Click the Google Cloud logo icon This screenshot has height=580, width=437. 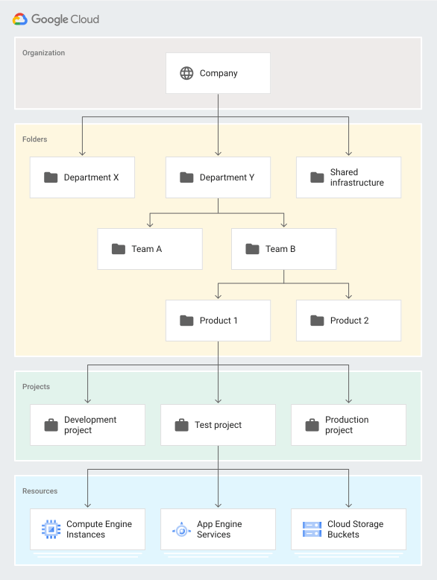(x=20, y=19)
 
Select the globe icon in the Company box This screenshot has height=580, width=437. (x=186, y=73)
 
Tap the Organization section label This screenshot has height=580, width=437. (x=43, y=53)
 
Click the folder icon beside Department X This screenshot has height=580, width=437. (x=51, y=177)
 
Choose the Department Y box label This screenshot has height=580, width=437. (x=227, y=177)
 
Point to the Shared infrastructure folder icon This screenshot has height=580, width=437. (x=317, y=177)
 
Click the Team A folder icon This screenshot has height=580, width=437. (x=119, y=249)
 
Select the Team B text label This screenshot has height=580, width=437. (x=280, y=249)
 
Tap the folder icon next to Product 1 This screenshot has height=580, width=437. (x=186, y=321)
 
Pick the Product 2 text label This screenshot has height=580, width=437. (x=350, y=321)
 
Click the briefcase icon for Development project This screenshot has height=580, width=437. (x=51, y=425)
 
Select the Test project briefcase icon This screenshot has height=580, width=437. (x=181, y=425)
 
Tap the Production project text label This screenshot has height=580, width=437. (x=347, y=425)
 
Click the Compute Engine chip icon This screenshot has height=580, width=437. (x=51, y=529)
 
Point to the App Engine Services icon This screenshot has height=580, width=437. (x=181, y=529)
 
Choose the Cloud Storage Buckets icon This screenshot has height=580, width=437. (x=312, y=529)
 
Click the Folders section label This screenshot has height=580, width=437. (x=35, y=139)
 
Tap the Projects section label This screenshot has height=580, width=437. (x=37, y=387)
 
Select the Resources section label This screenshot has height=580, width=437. (x=40, y=491)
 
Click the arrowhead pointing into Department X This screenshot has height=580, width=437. (x=82, y=152)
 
